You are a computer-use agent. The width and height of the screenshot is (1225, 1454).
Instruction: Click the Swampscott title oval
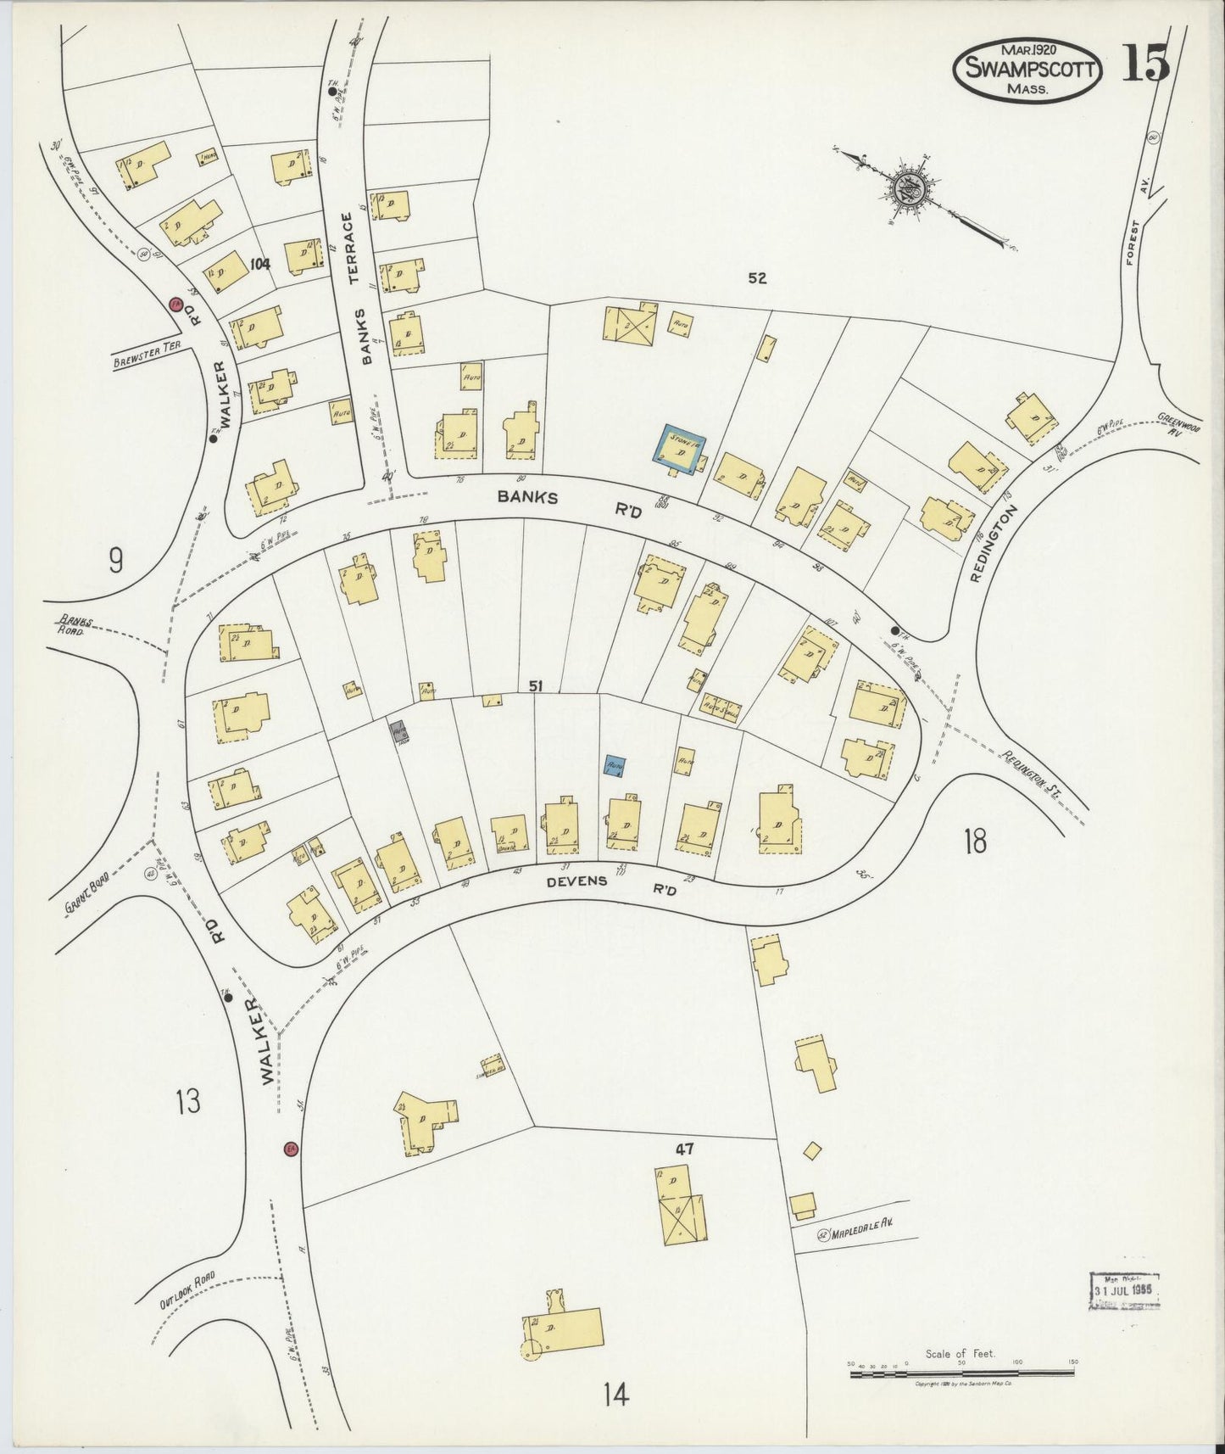pyautogui.click(x=1028, y=70)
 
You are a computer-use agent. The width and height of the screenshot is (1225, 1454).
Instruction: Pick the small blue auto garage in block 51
pyautogui.click(x=615, y=764)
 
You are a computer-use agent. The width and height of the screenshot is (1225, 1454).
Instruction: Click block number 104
pyautogui.click(x=259, y=264)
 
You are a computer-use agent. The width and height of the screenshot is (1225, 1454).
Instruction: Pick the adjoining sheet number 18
pyautogui.click(x=975, y=842)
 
